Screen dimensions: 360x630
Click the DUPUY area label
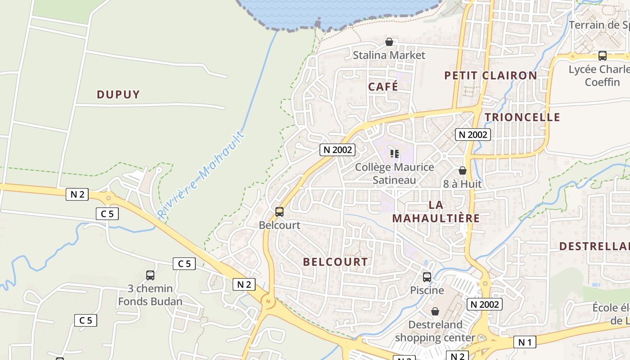pos(118,94)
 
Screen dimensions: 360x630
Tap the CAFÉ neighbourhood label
pos(383,86)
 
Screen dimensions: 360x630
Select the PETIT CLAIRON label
pos(490,76)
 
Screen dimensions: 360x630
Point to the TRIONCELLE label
pos(522,117)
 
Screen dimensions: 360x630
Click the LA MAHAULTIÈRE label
pos(436,211)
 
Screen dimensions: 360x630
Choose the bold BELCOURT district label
pos(335,262)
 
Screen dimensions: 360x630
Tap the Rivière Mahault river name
pos(201,175)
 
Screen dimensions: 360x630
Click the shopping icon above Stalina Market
pos(389,42)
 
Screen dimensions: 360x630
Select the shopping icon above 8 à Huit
pos(462,171)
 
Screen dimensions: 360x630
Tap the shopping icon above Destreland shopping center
pos(435,311)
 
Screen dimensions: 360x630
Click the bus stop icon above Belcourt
pos(279,211)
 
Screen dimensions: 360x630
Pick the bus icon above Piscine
pos(427,277)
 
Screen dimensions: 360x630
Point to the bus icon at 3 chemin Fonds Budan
pos(150,275)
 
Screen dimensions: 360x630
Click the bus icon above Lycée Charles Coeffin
pos(602,56)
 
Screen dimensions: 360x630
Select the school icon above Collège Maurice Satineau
pos(395,154)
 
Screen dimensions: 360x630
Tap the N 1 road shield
pos(525,342)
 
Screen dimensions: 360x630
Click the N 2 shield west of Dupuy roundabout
pos(77,194)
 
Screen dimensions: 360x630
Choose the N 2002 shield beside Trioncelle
pos(472,135)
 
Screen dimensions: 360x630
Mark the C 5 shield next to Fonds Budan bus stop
pos(184,264)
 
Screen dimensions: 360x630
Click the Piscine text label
pos(427,290)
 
